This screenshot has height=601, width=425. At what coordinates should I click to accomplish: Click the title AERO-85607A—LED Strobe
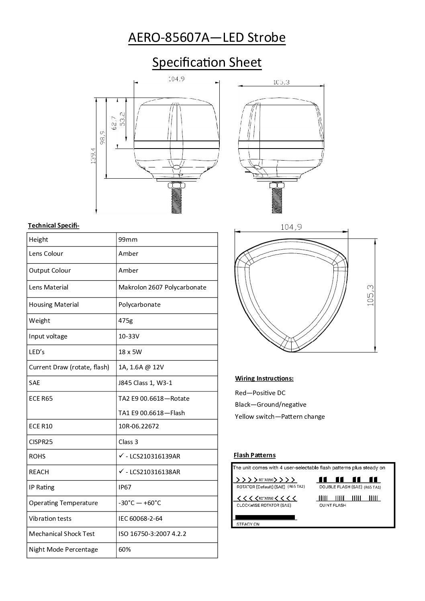206,38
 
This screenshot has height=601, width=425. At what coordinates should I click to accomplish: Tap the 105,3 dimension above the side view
281,82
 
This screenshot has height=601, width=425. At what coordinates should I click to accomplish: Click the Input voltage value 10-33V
129,336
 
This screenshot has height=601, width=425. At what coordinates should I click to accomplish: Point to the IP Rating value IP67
125,487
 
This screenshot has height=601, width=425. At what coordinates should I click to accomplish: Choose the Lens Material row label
49,287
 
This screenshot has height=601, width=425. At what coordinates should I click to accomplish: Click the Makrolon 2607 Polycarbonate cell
162,287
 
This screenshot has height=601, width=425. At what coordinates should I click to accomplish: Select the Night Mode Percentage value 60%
125,549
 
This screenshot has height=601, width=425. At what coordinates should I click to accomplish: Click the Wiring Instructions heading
264,378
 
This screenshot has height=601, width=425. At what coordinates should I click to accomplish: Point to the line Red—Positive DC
260,393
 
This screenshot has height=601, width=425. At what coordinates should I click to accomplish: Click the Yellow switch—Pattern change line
280,416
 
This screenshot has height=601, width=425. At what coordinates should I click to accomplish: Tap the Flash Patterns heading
254,455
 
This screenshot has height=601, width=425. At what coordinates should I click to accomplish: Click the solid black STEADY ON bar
265,517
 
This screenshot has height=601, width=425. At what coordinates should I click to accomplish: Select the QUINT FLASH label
332,505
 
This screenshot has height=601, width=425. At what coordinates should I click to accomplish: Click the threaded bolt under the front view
177,201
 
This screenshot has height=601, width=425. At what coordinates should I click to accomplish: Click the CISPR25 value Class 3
128,442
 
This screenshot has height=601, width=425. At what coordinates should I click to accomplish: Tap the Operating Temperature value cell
140,503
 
